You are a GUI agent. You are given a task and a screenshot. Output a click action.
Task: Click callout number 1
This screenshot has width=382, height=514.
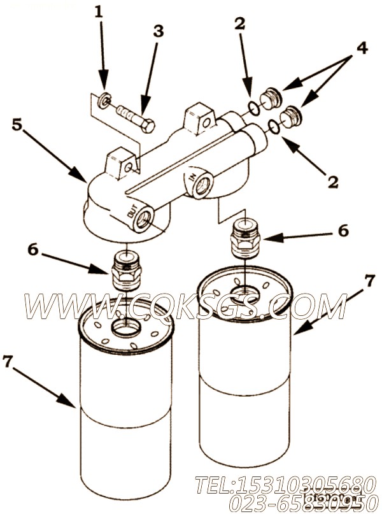click(98, 11)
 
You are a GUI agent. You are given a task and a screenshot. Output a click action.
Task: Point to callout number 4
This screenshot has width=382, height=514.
click(361, 47)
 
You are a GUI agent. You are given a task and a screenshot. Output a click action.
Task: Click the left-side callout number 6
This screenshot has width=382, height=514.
click(32, 250)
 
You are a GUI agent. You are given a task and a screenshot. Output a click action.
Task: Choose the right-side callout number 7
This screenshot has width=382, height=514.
click(368, 280)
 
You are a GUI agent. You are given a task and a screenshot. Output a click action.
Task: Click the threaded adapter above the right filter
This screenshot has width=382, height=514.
click(245, 239)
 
